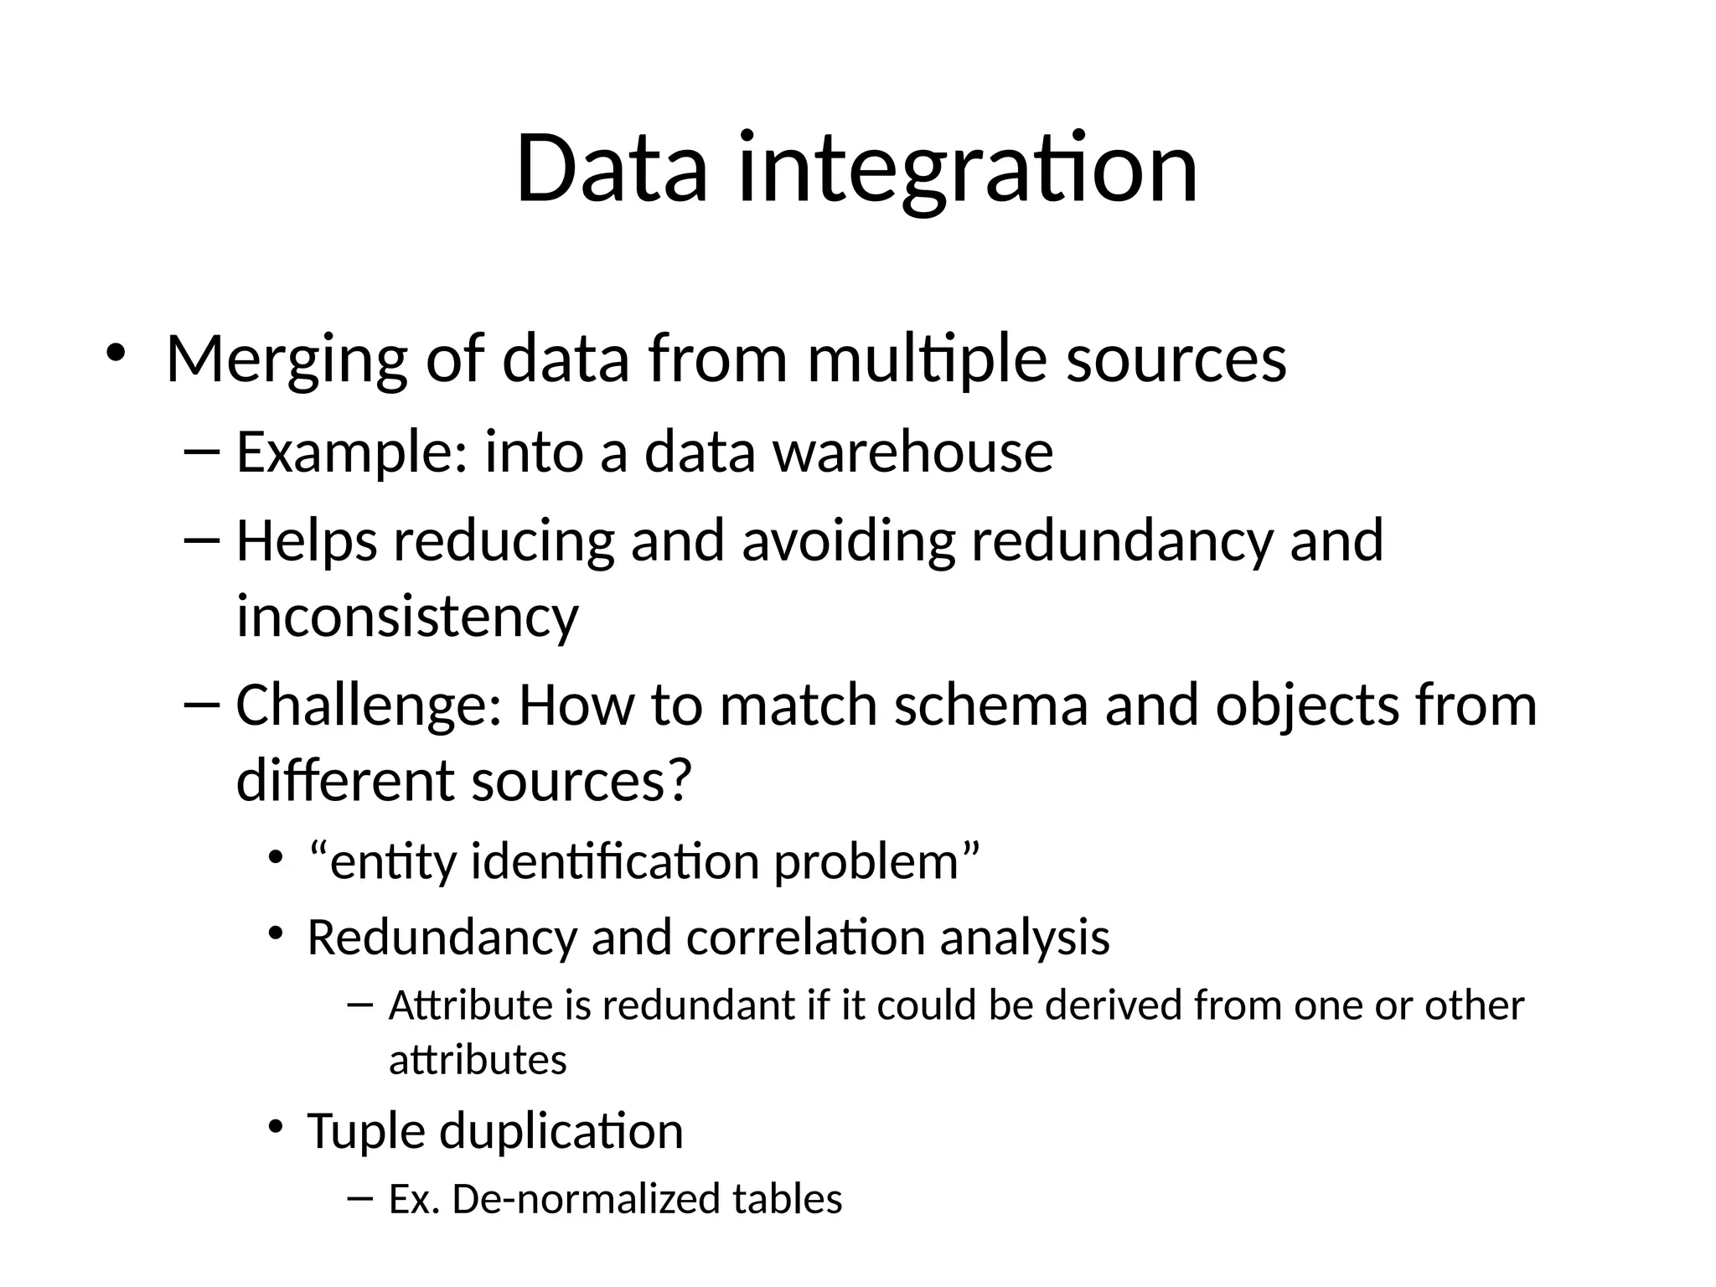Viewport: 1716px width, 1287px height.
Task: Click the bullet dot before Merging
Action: (115, 352)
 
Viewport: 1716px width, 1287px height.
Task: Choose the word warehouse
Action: (912, 452)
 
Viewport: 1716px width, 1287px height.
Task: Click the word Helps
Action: (307, 542)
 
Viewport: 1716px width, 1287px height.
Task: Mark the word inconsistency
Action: (407, 617)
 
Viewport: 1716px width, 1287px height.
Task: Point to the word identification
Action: (615, 862)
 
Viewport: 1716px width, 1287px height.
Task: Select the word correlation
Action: (805, 938)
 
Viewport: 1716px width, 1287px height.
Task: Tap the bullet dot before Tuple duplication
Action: (274, 1126)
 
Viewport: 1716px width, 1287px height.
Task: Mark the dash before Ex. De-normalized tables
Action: (358, 1198)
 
